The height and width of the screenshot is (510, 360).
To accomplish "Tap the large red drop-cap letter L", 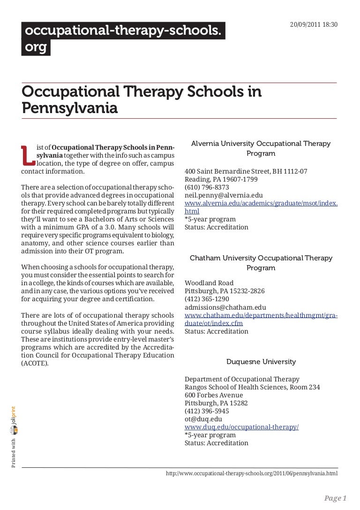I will [x=28, y=155].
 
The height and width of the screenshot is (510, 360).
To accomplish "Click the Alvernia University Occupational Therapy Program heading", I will [x=261, y=148].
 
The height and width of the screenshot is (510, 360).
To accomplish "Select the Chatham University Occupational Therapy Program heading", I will [x=261, y=263].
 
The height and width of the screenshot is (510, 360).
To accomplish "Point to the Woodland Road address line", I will [x=209, y=283].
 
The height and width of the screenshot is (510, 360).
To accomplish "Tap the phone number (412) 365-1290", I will [x=207, y=299].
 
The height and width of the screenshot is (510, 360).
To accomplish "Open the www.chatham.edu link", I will [x=261, y=319].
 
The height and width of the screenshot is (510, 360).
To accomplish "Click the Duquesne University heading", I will [x=261, y=362].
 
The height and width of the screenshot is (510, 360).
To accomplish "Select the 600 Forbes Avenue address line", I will [x=214, y=395].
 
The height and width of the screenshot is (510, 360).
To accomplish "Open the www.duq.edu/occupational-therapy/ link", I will [x=242, y=427].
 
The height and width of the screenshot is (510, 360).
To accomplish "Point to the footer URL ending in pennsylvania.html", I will [x=252, y=474].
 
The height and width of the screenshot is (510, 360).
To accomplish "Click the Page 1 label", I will [x=335, y=498].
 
